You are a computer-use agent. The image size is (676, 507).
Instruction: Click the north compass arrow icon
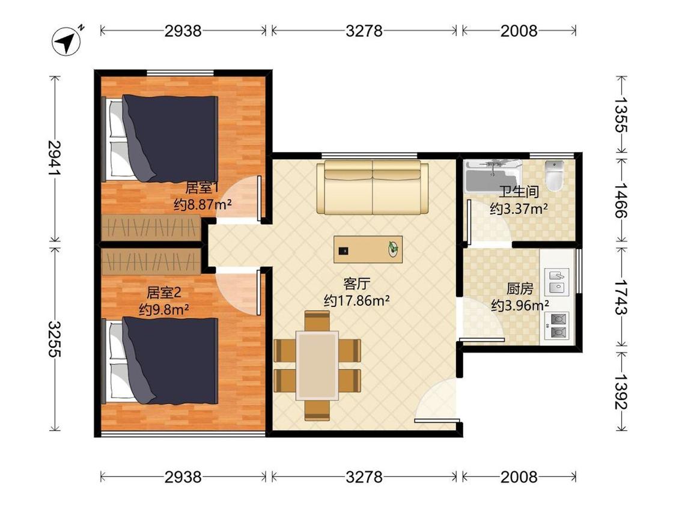point(66,41)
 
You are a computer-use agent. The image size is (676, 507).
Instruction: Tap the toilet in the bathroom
point(555,176)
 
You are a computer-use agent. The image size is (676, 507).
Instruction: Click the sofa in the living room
point(373,187)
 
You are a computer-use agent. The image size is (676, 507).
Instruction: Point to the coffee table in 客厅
point(368,249)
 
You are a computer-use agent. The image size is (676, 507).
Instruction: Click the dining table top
point(317,365)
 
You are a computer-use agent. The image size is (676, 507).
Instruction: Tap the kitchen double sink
point(556,282)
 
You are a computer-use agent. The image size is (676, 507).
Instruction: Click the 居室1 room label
point(202,188)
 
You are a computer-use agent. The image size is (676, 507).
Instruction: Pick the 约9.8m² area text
point(164,309)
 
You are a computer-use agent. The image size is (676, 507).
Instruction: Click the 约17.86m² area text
point(357,300)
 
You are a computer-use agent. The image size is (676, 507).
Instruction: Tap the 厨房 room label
point(520,288)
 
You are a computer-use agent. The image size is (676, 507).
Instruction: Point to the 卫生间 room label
point(519,192)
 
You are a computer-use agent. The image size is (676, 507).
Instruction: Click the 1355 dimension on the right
point(621,114)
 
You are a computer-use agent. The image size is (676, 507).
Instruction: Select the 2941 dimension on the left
point(55,158)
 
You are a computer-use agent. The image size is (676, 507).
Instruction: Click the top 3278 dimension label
point(364,31)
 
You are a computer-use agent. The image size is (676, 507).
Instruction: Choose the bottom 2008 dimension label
point(519,477)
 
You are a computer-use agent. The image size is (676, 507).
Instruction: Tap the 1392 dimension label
point(621,392)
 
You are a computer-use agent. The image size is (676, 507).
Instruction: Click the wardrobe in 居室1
point(151,227)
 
